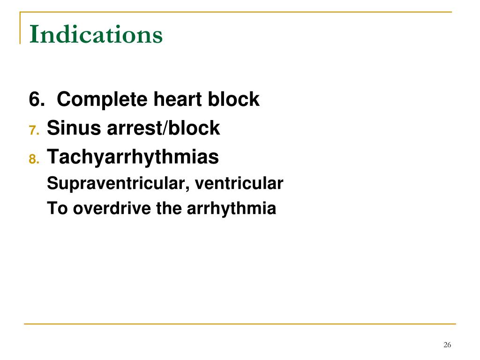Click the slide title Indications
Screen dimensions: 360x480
point(96,35)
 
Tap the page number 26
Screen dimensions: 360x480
point(447,345)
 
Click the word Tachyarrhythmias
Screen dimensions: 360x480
point(133,157)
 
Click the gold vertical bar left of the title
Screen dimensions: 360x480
point(20,28)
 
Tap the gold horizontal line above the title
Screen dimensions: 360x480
point(234,12)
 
